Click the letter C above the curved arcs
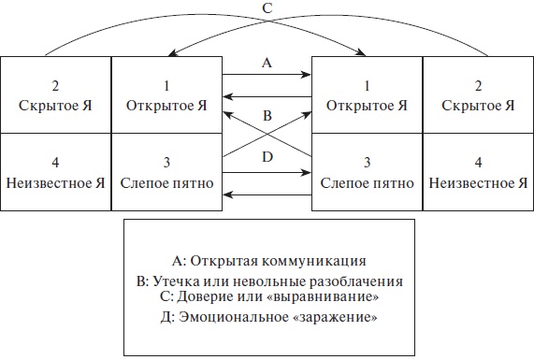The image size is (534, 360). tap(267, 8)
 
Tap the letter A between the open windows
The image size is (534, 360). tap(267, 64)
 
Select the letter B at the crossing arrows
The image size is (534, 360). tap(267, 117)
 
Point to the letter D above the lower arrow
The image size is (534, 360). tap(267, 158)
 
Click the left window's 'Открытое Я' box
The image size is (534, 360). tap(166, 95)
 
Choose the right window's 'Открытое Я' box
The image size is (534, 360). tap(367, 95)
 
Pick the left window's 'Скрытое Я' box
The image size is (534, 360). tap(55, 95)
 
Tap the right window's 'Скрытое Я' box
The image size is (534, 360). tap(477, 95)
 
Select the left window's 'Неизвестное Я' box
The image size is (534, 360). tap(55, 173)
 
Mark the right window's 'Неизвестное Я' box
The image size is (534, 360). tap(477, 173)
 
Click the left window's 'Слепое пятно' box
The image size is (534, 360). tap(166, 173)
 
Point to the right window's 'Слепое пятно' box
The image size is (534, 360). tap(367, 173)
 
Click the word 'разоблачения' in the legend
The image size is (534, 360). tap(360, 281)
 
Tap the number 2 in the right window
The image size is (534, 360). tap(477, 83)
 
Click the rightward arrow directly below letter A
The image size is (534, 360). tap(267, 76)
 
